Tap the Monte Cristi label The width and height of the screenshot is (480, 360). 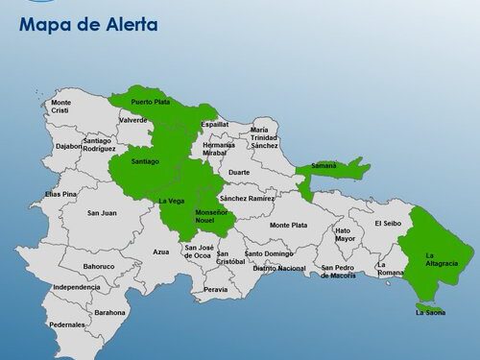[x=60, y=107]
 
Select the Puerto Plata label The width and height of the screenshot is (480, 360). [x=150, y=102]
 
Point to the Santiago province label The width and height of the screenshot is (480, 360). [x=145, y=161]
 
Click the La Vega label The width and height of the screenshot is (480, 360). [x=171, y=201]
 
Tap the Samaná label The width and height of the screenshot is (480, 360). [x=324, y=166]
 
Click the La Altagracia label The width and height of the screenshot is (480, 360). [x=443, y=259]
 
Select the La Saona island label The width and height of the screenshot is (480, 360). [x=431, y=312]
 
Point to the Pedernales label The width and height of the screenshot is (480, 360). [x=67, y=324]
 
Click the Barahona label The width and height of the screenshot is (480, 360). [x=109, y=312]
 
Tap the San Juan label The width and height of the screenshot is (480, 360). [x=102, y=213]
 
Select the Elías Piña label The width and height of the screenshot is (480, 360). [x=60, y=194]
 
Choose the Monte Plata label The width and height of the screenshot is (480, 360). [x=288, y=225]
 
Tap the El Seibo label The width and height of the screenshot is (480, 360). [x=388, y=223]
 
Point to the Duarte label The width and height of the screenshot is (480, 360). [x=239, y=173]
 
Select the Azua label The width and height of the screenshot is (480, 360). [x=161, y=252]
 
